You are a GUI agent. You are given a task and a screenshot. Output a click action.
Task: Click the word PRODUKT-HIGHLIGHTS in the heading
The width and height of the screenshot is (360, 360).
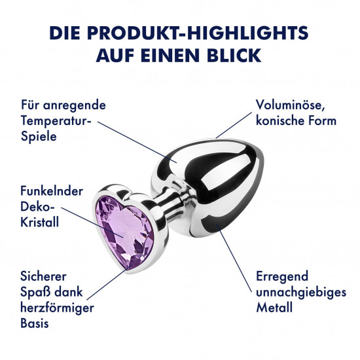198,33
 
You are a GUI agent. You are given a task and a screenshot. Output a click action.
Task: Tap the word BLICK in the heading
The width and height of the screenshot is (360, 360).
234,55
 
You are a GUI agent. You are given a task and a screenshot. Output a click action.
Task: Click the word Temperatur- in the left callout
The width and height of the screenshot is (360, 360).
56,121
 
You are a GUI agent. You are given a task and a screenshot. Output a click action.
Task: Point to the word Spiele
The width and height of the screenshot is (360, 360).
39,137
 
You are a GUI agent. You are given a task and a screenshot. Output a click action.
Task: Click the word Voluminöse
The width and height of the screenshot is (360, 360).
290,105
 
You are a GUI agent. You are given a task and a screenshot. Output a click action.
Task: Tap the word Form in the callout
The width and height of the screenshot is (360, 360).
322,121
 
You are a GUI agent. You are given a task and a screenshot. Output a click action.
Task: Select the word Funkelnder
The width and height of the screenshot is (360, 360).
52,191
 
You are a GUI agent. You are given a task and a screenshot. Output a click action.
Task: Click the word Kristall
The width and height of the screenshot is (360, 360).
39,222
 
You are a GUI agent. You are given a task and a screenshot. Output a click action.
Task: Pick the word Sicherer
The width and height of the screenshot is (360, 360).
43,276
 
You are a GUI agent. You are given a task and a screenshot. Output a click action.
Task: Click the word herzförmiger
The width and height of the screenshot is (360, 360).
57,308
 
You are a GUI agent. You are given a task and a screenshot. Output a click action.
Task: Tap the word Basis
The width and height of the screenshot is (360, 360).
35,323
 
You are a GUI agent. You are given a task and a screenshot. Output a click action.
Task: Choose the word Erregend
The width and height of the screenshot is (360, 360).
282,277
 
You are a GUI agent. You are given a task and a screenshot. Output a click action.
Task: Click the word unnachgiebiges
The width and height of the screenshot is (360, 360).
301,293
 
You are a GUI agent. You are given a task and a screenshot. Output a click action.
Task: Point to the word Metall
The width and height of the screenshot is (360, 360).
274,308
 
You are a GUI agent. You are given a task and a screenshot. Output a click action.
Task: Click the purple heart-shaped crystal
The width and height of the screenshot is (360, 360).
124,232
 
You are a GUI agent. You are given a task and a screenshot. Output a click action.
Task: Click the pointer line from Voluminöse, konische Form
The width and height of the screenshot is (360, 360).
234,125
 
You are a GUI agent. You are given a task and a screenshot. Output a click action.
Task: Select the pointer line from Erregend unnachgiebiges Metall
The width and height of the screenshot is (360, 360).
236,259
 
